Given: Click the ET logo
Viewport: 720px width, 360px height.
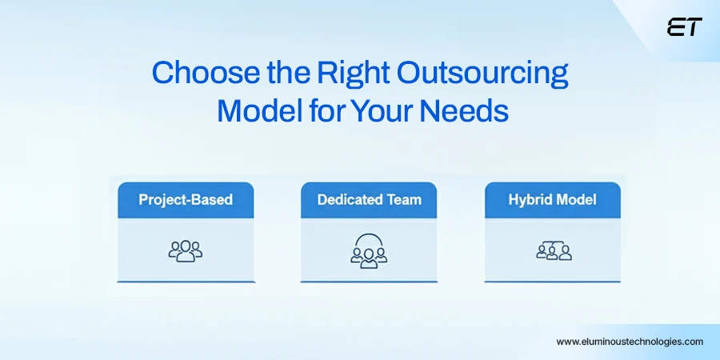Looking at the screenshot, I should tap(684, 27).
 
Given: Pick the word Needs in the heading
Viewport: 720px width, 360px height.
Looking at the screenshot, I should tap(465, 110).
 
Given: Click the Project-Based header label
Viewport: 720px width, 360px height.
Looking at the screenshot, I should tap(186, 200).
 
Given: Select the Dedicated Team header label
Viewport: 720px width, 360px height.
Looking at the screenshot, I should tap(369, 200).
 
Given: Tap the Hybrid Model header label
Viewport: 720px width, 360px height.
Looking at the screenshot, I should tap(552, 200).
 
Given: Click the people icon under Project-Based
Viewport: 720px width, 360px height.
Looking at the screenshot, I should tap(186, 250).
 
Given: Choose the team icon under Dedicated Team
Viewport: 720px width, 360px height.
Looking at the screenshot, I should tap(369, 250).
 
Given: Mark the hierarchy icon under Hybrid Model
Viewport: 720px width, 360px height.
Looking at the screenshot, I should tap(553, 250).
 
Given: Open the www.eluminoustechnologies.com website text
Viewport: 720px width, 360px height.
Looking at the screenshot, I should tap(630, 341).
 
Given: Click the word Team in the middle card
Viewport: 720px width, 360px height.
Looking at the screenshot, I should tap(404, 200).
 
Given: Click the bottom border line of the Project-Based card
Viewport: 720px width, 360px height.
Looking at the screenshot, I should tap(186, 282).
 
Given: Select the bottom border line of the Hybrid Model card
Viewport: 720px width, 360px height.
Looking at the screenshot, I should tap(552, 282).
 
